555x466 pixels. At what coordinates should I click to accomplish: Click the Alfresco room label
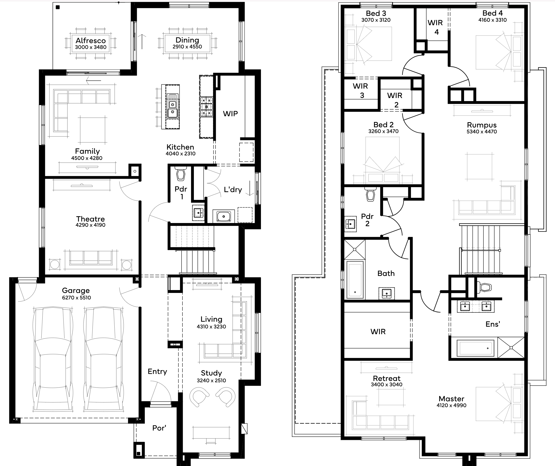click(x=91, y=41)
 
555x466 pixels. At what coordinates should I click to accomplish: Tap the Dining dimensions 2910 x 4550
click(x=187, y=47)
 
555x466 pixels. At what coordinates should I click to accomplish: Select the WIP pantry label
click(x=230, y=114)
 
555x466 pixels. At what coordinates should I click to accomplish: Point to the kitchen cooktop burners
click(x=206, y=107)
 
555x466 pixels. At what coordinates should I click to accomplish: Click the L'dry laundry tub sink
click(x=224, y=216)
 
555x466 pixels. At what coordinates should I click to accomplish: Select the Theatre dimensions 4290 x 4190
click(x=90, y=225)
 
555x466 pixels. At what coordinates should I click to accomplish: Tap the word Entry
click(x=157, y=372)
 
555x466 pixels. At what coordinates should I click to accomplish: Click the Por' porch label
click(x=159, y=428)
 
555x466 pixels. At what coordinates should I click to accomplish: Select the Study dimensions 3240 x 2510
click(x=211, y=380)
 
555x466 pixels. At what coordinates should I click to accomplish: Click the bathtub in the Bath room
click(x=355, y=280)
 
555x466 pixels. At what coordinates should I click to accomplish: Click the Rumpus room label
click(x=481, y=125)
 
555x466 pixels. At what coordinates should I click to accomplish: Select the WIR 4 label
click(x=435, y=27)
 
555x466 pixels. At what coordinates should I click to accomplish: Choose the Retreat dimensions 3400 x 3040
click(x=386, y=385)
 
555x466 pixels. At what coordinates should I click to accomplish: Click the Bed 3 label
click(x=376, y=13)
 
